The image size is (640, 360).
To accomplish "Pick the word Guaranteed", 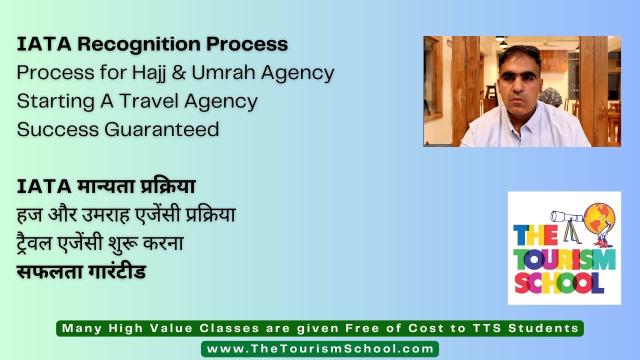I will point(161,129).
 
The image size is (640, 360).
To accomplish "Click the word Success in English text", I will point(57,129).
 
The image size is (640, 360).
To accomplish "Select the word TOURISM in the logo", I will point(564,260).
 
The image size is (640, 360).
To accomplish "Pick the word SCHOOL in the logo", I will point(559,283).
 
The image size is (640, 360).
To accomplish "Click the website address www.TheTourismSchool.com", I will point(320,349).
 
